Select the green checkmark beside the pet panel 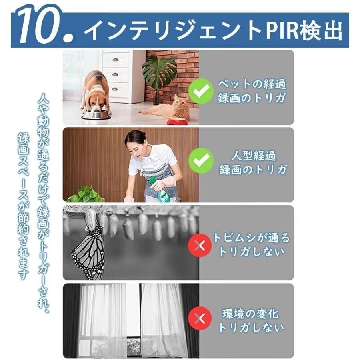point(201,91)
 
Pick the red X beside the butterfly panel point(200,244)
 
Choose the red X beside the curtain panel point(200,318)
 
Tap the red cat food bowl point(177,120)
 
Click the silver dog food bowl point(96,115)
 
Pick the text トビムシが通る point(251,238)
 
